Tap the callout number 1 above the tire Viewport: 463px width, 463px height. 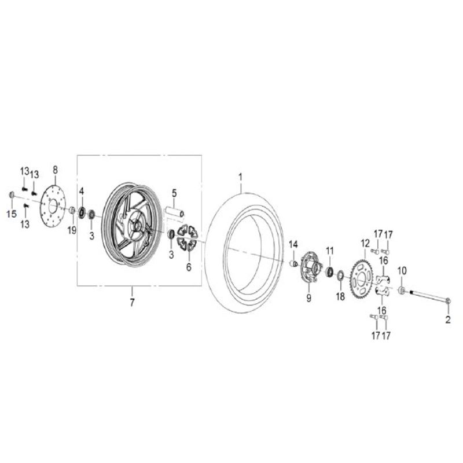(x=240, y=177)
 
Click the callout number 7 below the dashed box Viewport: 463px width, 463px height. (x=132, y=303)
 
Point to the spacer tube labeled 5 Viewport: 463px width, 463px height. (x=175, y=213)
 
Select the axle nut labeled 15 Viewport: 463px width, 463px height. (x=12, y=195)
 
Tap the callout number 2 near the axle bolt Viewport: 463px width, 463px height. (x=448, y=320)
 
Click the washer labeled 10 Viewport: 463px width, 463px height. (x=402, y=290)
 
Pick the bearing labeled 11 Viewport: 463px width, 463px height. (x=330, y=271)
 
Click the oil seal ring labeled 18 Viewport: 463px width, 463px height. (x=340, y=275)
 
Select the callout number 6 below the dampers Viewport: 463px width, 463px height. (x=189, y=267)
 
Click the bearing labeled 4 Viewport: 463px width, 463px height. (x=82, y=213)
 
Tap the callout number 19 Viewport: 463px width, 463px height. (x=72, y=230)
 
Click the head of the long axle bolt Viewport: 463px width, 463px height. (x=448, y=301)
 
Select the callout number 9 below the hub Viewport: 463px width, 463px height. (x=309, y=298)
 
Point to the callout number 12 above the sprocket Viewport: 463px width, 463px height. (x=365, y=244)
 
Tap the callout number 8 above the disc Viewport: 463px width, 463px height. (x=55, y=170)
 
